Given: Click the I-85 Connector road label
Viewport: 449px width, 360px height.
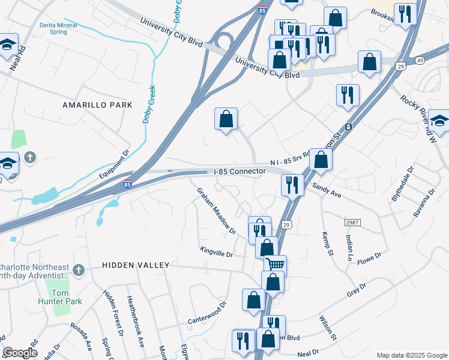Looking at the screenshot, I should pos(240,172).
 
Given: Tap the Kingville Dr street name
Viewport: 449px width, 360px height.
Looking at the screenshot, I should pos(216,254).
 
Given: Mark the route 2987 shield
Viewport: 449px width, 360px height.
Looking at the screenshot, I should pos(352,223).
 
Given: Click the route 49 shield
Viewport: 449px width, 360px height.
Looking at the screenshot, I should pos(419,61).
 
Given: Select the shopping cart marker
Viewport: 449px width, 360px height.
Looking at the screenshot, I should pos(276,264).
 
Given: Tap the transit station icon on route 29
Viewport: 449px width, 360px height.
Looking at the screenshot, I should pos(348,127).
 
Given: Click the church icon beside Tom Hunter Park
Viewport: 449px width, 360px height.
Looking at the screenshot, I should pos(77,269).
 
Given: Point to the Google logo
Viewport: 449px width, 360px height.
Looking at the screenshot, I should pos(20,353).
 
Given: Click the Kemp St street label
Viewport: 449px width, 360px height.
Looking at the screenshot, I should pos(327,242).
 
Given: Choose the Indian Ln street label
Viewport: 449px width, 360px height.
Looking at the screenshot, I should pos(348,247).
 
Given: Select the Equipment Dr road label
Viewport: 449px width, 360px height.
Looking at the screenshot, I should pos(114,165).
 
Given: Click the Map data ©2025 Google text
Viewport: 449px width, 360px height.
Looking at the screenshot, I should pos(411,355).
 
